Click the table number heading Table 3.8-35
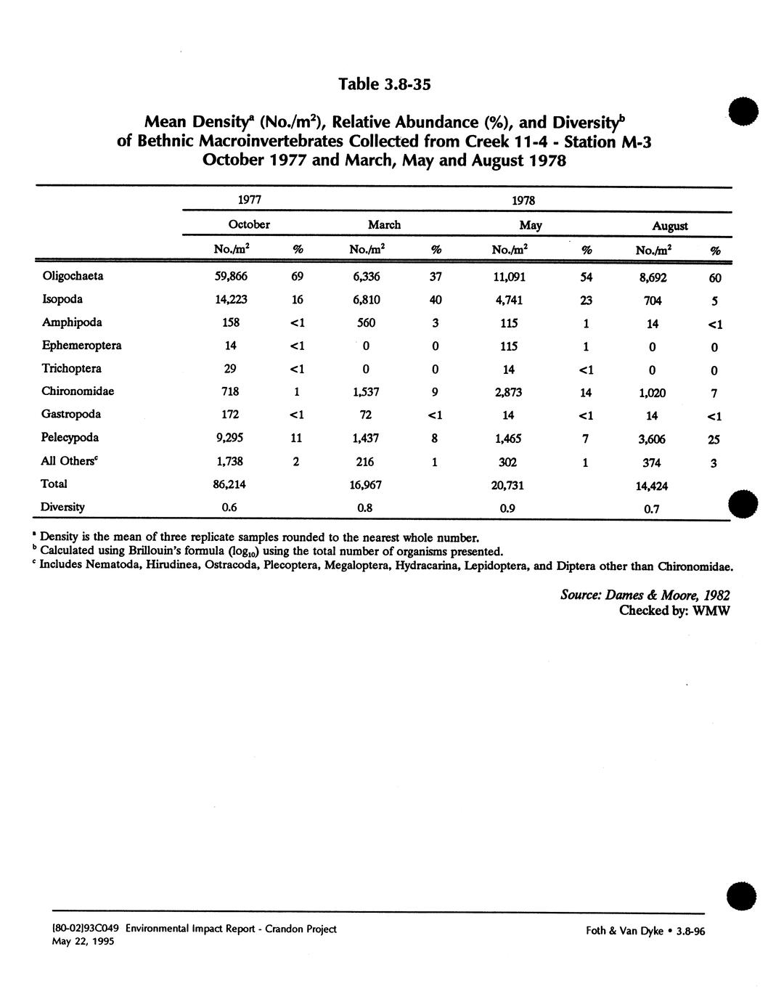tap(385, 85)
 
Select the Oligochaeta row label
tap(73, 276)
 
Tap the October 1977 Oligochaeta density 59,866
tap(230, 276)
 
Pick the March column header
tap(384, 225)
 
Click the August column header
tap(669, 226)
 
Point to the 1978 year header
tap(523, 200)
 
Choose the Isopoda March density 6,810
tap(365, 299)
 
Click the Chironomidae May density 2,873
tap(508, 392)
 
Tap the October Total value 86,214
tap(230, 484)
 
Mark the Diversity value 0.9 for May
tap(507, 508)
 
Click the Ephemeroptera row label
tap(81, 346)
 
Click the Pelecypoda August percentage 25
tap(714, 439)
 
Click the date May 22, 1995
tap(83, 942)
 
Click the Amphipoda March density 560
tap(365, 322)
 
